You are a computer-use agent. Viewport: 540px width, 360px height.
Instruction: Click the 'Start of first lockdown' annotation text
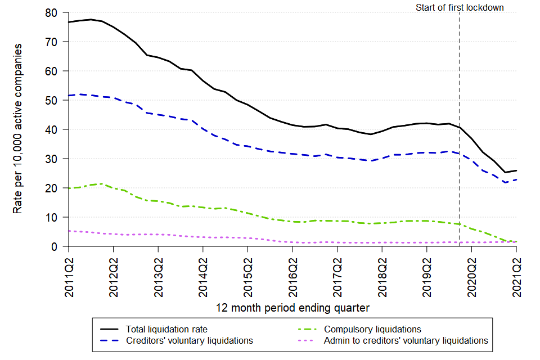point(460,7)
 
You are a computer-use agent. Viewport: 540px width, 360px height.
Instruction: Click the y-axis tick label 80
point(54,12)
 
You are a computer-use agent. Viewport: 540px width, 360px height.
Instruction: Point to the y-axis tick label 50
point(54,100)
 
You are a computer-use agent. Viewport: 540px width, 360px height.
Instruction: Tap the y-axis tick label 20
point(54,188)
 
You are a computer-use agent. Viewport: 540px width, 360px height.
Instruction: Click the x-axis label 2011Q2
point(69,274)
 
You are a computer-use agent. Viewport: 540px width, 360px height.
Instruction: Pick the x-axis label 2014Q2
point(203,274)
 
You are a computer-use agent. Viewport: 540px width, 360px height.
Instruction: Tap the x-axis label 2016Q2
point(292,274)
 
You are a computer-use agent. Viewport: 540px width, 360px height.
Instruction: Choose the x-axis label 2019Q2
point(427,274)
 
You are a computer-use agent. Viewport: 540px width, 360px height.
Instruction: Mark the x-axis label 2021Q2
point(516,274)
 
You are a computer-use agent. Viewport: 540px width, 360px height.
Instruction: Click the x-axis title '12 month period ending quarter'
point(292,308)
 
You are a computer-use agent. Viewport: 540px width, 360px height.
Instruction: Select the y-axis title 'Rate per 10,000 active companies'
point(18,129)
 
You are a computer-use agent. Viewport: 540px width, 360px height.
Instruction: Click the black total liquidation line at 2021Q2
point(516,170)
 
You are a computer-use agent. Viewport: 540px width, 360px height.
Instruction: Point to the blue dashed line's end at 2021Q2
point(516,179)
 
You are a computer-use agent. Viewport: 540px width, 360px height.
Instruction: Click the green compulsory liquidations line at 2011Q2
point(69,188)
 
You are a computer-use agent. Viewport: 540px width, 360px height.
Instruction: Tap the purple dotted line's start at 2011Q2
point(69,231)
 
